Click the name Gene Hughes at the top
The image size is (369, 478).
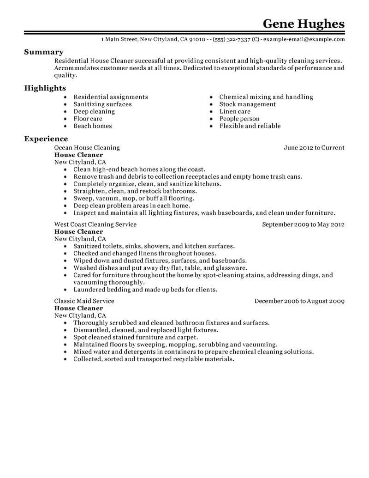(x=303, y=24)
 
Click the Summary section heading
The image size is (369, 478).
(x=44, y=52)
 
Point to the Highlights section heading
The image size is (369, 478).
(x=45, y=88)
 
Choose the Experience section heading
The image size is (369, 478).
(x=46, y=139)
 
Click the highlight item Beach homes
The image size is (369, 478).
(x=93, y=126)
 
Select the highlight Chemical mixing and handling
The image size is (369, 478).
(x=266, y=97)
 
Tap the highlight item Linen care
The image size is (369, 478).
(x=235, y=111)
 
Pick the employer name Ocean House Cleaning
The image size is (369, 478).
(x=87, y=148)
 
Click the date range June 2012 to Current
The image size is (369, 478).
(x=314, y=148)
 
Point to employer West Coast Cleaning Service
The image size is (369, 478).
(x=95, y=224)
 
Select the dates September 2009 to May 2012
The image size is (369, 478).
(x=304, y=224)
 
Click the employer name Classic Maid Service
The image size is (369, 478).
(x=84, y=301)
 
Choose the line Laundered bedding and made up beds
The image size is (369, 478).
(x=145, y=290)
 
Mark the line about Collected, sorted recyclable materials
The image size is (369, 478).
(x=154, y=359)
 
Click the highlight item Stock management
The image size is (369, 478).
(x=248, y=104)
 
